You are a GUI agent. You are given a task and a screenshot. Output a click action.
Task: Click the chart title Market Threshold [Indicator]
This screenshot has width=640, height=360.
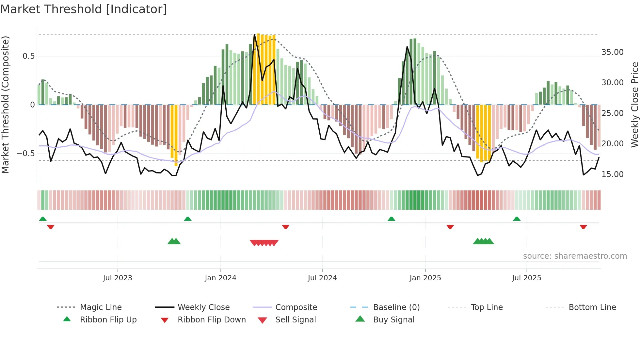[84, 9]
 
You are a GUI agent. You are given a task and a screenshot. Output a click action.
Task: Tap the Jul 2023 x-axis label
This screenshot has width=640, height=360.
[118, 278]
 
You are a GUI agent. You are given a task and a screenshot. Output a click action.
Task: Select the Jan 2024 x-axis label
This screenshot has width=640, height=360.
[220, 278]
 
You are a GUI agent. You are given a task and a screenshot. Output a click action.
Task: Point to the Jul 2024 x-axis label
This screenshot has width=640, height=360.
[322, 278]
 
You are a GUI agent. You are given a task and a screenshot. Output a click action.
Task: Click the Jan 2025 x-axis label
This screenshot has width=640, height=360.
[425, 278]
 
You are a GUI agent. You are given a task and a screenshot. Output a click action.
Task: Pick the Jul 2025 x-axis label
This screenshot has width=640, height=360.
[526, 278]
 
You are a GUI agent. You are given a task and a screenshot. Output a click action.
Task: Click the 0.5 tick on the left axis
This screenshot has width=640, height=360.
[29, 56]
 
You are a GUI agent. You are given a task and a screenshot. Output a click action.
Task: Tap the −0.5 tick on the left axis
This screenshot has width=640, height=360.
[26, 154]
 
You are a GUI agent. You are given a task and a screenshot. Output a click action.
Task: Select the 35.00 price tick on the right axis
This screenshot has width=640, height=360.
[612, 52]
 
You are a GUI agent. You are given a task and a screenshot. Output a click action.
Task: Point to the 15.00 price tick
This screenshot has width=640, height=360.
[612, 174]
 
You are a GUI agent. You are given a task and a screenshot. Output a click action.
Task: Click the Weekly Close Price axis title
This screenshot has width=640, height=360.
[634, 105]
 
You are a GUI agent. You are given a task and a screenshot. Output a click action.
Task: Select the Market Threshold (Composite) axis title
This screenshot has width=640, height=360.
[5, 105]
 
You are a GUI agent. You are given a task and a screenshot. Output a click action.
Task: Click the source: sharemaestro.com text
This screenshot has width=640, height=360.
[575, 256]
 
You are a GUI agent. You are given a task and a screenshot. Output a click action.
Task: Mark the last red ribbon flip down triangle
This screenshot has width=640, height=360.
[583, 227]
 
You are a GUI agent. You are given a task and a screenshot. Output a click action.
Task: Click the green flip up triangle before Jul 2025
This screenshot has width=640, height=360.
[517, 219]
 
